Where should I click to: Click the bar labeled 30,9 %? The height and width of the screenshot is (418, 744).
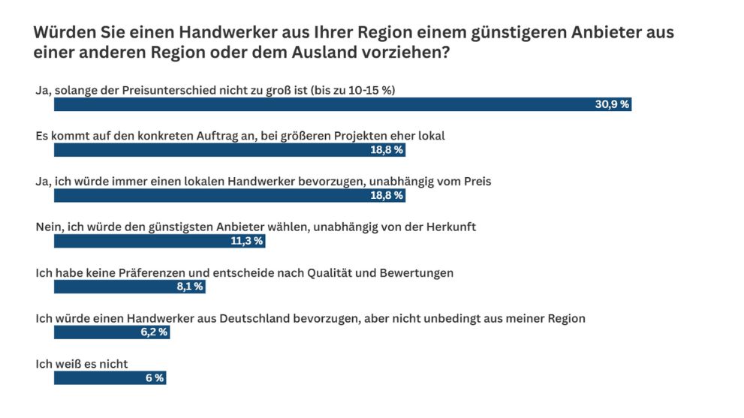pos(342,104)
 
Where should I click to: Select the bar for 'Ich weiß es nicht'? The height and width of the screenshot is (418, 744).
pos(109,378)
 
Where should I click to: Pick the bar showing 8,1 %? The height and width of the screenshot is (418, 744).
pos(128,287)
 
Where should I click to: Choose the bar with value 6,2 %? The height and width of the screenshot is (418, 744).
pos(111,332)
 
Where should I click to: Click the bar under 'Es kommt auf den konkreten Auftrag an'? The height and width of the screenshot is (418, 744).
pos(229,150)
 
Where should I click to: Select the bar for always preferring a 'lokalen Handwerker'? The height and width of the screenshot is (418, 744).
pos(229,196)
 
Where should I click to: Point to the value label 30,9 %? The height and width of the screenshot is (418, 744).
pos(611,104)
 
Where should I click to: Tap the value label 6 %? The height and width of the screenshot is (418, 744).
pos(154,378)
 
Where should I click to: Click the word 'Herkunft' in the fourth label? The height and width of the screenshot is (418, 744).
pos(452,227)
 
